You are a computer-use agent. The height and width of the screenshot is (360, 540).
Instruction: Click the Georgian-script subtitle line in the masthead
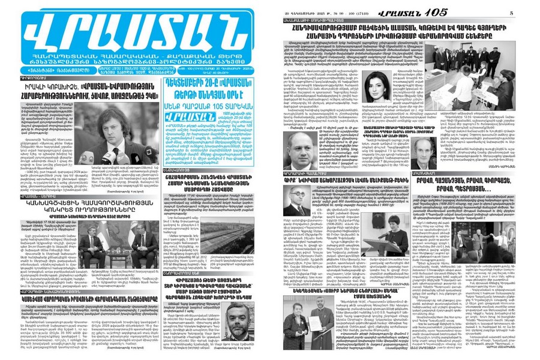tap(134, 61)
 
